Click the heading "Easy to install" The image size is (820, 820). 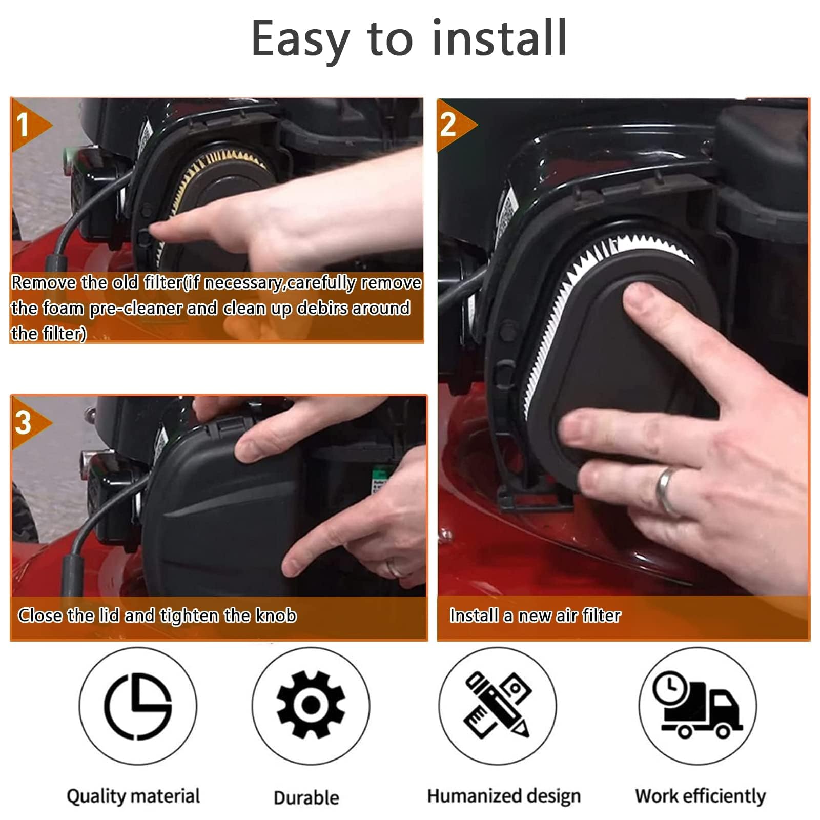coord(409,40)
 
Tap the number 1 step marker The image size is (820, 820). coord(23,125)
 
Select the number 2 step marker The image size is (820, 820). coord(448,125)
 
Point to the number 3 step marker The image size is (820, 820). coord(24,423)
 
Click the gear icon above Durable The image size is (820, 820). coord(311,704)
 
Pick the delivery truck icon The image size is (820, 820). coord(697,705)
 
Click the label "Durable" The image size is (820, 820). coord(306,797)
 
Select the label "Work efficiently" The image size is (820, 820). coord(700,796)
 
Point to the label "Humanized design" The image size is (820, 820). coord(504,796)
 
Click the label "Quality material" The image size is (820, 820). coord(133,796)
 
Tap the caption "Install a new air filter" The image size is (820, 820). coord(535,615)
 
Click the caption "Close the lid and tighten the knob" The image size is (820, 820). coord(157,616)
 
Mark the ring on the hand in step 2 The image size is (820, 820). coord(667,489)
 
